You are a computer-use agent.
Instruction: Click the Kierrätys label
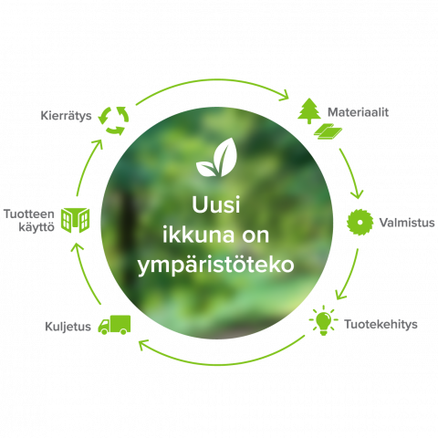[x=66, y=116]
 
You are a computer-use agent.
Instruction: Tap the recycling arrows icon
[x=113, y=120]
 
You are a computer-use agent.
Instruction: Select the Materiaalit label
[x=358, y=112]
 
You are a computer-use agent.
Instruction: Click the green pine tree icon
[x=309, y=110]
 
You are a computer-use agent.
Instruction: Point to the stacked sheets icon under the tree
[x=328, y=131]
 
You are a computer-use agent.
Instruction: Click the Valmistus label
[x=407, y=223]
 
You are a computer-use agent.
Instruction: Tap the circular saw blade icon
[x=360, y=222]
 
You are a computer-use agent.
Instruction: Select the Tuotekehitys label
[x=381, y=324]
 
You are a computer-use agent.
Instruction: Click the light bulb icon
[x=323, y=320]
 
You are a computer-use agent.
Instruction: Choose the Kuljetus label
[x=68, y=327]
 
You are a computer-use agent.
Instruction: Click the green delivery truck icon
[x=114, y=325]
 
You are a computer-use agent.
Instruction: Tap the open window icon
[x=75, y=220]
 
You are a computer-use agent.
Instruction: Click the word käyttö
[x=36, y=227]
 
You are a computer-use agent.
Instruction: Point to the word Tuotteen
[x=29, y=214]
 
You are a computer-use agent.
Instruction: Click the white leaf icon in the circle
[x=215, y=157]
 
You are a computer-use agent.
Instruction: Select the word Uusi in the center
[x=216, y=204]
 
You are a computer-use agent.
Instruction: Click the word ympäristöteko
[x=215, y=266]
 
